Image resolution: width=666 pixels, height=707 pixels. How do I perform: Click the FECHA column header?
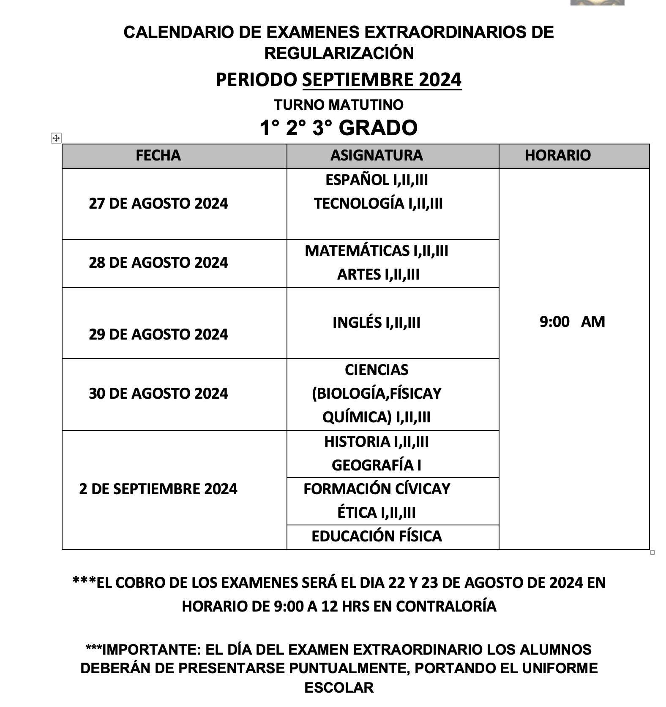pyautogui.click(x=158, y=155)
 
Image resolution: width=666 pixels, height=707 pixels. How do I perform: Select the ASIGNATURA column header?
pyautogui.click(x=377, y=155)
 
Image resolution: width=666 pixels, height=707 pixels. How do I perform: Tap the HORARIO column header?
pyautogui.click(x=557, y=155)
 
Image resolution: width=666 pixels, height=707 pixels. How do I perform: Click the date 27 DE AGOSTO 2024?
pyautogui.click(x=158, y=204)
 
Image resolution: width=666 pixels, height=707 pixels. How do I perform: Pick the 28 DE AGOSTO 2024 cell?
pyautogui.click(x=158, y=263)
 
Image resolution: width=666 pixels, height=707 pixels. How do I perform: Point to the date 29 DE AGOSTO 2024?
pyautogui.click(x=158, y=334)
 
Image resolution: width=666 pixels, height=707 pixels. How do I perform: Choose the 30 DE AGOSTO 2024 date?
pyautogui.click(x=158, y=394)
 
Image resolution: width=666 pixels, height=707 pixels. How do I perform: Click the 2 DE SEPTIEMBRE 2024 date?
pyautogui.click(x=158, y=489)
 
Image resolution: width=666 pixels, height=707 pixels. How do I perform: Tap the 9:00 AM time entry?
pyautogui.click(x=572, y=322)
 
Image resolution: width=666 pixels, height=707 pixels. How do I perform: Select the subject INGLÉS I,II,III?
pyautogui.click(x=377, y=323)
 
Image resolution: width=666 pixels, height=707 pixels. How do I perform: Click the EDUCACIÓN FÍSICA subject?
pyautogui.click(x=377, y=536)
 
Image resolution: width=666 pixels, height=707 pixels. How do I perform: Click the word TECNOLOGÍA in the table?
pyautogui.click(x=359, y=204)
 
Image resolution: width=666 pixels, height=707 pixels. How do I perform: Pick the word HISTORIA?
pyautogui.click(x=357, y=442)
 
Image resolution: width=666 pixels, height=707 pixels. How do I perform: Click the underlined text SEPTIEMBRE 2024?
pyautogui.click(x=382, y=80)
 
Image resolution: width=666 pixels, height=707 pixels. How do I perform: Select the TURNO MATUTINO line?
pyautogui.click(x=338, y=105)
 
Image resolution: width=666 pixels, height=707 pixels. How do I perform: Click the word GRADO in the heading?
pyautogui.click(x=378, y=128)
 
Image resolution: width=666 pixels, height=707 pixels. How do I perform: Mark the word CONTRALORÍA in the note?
pyautogui.click(x=446, y=606)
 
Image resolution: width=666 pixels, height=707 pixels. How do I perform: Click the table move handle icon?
pyautogui.click(x=56, y=138)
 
